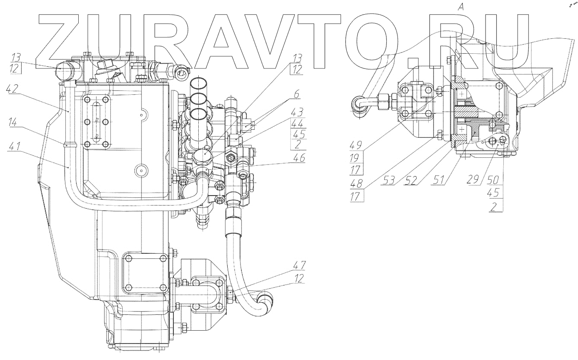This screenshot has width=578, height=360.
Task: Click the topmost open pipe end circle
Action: tap(199, 83)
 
